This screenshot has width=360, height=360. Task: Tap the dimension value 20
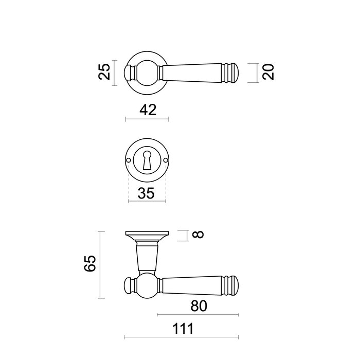(268, 73)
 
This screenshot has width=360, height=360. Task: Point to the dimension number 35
(146, 193)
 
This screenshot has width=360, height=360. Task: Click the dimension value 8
(199, 235)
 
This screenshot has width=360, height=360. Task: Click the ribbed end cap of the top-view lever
(233, 73)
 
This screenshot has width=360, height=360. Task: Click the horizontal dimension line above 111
(182, 337)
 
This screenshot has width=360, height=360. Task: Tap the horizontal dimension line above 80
(198, 314)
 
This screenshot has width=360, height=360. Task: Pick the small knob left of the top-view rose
(130, 73)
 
